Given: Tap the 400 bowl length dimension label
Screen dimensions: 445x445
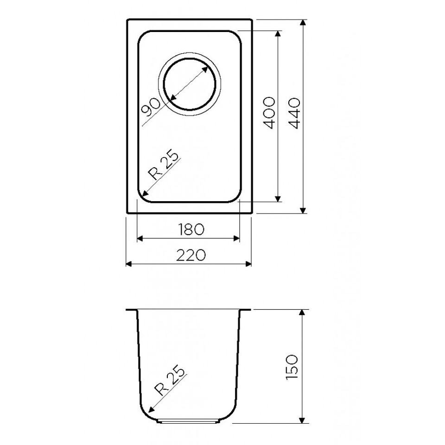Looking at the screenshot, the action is click(x=268, y=113).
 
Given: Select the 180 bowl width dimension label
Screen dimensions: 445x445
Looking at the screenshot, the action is click(x=191, y=229).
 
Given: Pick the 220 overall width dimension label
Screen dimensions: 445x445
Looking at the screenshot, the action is click(x=191, y=255).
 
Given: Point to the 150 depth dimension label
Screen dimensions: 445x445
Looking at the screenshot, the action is click(x=292, y=368).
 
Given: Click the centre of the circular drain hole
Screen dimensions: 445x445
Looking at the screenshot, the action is click(x=189, y=84).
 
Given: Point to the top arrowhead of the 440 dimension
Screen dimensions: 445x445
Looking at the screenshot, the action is click(x=303, y=23).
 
